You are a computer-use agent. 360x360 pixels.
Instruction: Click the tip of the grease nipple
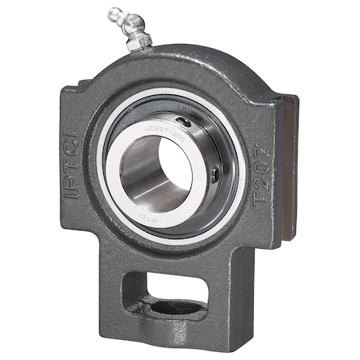(112, 11)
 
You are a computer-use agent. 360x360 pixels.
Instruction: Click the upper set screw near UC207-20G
(185, 122)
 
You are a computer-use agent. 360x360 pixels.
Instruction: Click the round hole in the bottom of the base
(172, 307)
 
